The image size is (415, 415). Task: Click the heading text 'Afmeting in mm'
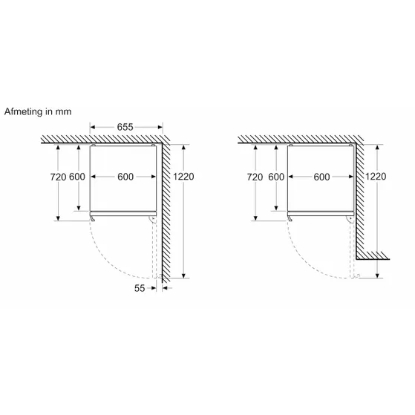coord(38,111)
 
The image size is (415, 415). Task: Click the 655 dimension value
coord(125,127)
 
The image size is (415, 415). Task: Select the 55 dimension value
coord(140,288)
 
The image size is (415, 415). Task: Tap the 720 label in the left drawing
coord(58,177)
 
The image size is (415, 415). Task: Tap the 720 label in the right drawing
coord(255,177)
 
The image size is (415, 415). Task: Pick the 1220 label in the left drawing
coord(183,176)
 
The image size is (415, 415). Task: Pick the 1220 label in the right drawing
coord(376,176)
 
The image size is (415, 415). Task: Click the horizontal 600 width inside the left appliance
coord(125,177)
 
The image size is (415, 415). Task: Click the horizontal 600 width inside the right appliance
coord(322,177)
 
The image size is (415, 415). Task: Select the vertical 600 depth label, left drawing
coord(77,177)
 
